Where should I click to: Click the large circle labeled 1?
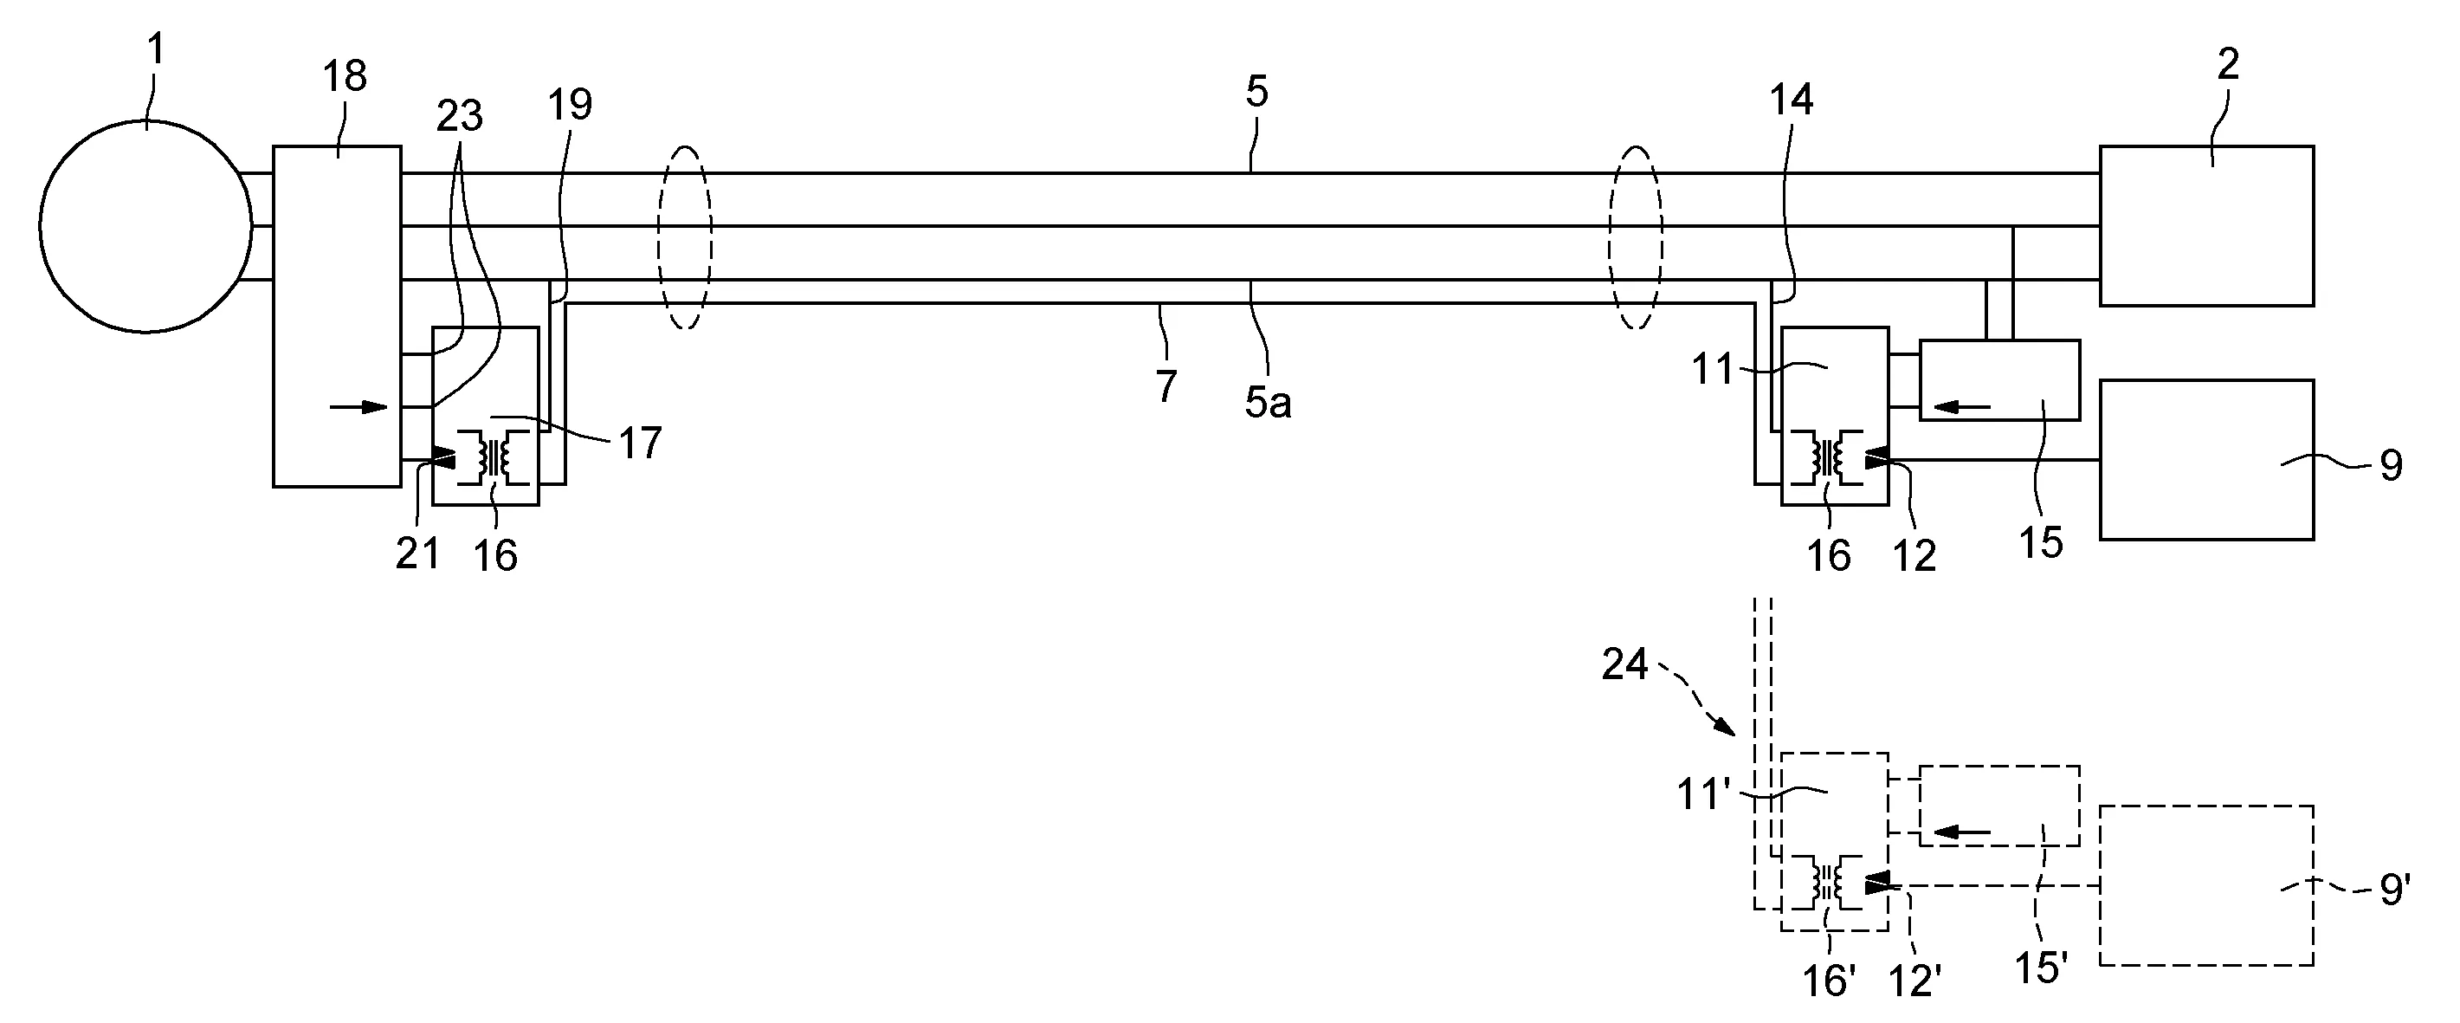pos(146,226)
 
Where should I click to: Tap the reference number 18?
pos(345,76)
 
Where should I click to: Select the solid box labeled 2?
pos(2206,225)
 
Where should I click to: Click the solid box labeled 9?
pos(2206,459)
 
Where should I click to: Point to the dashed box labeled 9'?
pos(2206,885)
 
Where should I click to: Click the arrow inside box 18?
pos(359,408)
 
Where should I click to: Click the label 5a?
pos(1269,404)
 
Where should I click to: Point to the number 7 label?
pos(1166,388)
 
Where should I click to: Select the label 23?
pos(459,117)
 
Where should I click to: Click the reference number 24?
pos(1625,664)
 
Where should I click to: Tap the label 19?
pos(570,104)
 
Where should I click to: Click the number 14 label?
pos(1792,100)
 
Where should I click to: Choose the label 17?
pos(640,444)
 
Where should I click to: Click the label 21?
pos(418,554)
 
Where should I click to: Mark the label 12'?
pos(1914,981)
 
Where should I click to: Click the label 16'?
pos(1829,981)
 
